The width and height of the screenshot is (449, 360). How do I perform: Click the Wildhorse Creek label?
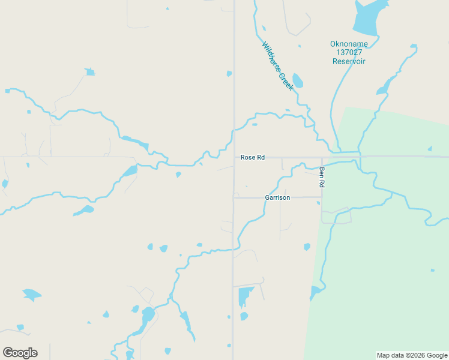(x=277, y=66)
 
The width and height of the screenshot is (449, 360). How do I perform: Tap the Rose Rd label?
(x=252, y=157)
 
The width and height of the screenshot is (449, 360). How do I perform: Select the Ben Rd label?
(x=322, y=178)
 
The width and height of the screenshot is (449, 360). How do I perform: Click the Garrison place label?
(x=277, y=197)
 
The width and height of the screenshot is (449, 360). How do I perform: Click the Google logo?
(x=20, y=353)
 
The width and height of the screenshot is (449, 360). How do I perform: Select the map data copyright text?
(x=412, y=355)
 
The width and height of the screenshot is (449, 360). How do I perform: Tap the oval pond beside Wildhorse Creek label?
(x=297, y=80)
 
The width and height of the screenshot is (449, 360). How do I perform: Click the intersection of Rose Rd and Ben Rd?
(x=322, y=158)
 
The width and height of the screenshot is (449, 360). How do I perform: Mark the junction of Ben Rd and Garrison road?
(x=322, y=197)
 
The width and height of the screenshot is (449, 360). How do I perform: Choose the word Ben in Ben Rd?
(x=322, y=172)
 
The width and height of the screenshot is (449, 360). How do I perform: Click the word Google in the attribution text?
(x=437, y=355)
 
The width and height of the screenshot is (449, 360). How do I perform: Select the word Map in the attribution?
(x=383, y=355)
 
